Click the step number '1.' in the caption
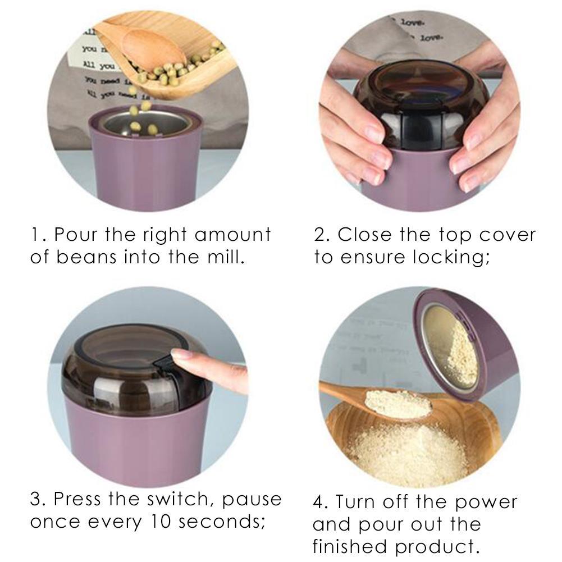[38, 235]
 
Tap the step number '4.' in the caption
[322, 501]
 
